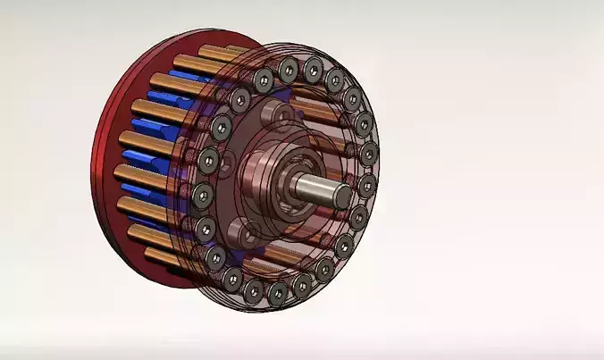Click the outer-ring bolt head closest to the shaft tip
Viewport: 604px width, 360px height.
click(x=367, y=186)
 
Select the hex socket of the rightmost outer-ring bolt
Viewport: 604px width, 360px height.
click(x=367, y=186)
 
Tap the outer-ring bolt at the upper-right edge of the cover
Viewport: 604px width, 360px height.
click(x=353, y=98)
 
